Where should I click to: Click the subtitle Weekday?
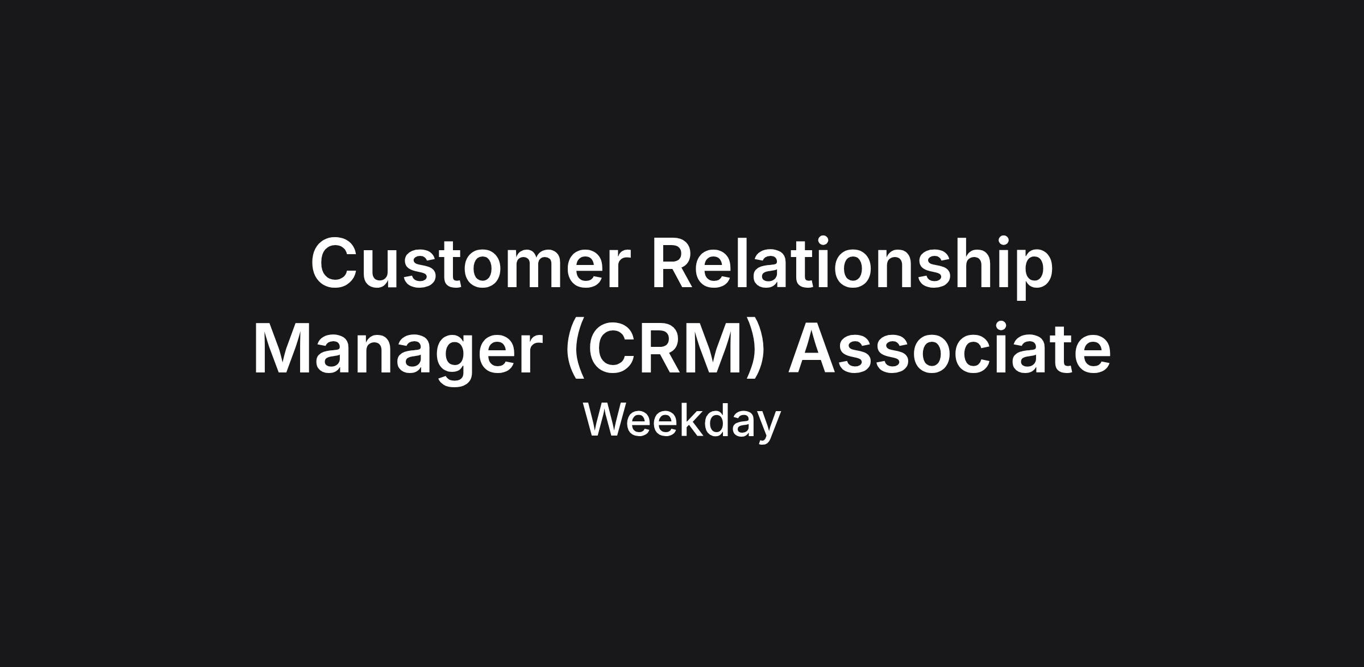(682, 421)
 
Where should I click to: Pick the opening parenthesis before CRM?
(576, 349)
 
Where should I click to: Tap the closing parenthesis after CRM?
(754, 349)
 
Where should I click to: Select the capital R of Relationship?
(673, 263)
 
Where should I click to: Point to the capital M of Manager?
(281, 348)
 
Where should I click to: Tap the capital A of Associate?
(812, 348)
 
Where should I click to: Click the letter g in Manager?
(454, 359)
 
